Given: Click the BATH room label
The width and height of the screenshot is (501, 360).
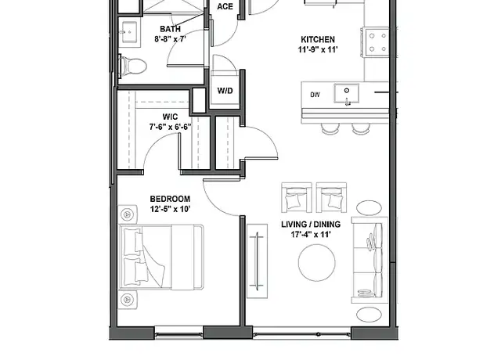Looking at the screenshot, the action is click(170, 29).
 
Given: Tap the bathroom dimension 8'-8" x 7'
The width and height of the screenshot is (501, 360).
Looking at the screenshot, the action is click(170, 39).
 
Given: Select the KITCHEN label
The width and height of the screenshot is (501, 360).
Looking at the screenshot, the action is click(318, 40).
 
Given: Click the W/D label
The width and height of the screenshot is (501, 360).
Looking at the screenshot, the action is click(225, 91).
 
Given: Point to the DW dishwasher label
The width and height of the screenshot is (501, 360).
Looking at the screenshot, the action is click(315, 95).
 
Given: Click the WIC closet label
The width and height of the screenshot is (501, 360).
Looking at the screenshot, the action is click(170, 117).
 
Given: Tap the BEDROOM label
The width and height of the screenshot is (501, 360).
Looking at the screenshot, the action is click(170, 199).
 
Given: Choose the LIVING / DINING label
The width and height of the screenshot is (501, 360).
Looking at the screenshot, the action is click(311, 225).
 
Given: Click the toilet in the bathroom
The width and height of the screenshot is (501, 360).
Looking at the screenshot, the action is click(132, 67).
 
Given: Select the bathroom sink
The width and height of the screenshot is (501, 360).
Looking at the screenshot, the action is click(130, 32).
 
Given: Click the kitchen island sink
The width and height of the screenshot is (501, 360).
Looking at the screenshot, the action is click(347, 94).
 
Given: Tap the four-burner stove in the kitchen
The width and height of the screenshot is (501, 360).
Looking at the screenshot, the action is click(376, 43).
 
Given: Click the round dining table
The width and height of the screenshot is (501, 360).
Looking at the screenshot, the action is click(317, 263).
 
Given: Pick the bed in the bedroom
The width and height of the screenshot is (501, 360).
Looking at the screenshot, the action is click(161, 257).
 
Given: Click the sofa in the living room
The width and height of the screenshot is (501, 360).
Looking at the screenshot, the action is click(369, 260).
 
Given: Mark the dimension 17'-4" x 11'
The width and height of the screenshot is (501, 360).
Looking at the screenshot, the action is click(311, 235).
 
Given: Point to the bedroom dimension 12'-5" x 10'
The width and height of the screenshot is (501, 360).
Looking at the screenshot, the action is click(170, 209).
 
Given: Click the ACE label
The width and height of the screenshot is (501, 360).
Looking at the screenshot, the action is click(225, 7).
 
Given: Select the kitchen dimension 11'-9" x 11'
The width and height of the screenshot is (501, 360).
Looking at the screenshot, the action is click(318, 50).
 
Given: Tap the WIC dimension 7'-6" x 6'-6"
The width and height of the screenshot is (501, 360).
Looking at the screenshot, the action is click(170, 127).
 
